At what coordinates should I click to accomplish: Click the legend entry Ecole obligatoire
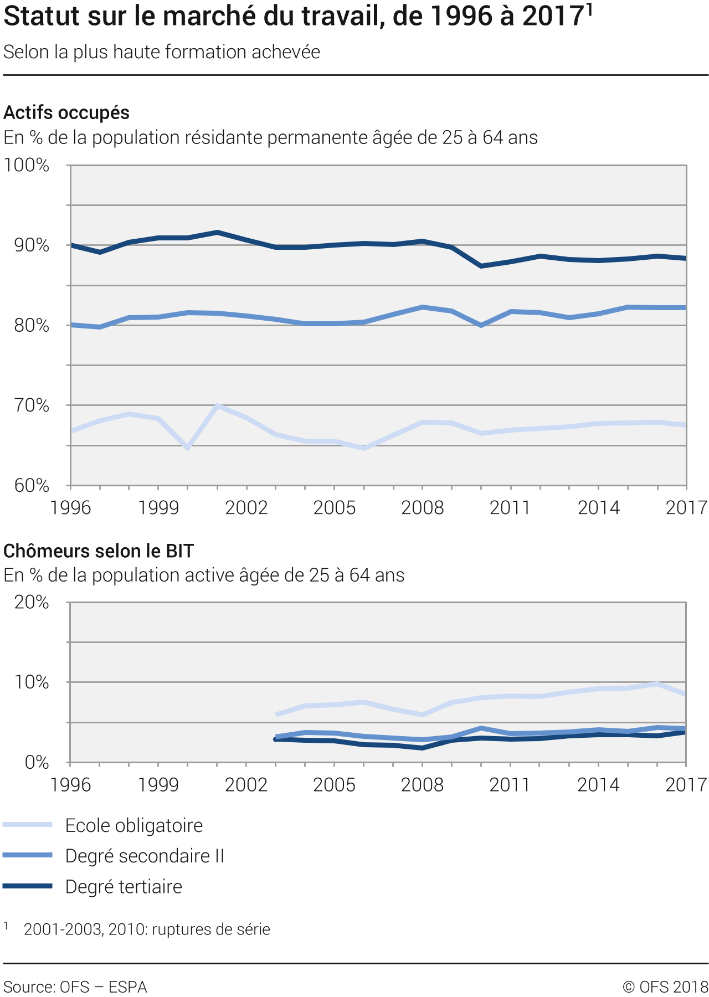click(133, 825)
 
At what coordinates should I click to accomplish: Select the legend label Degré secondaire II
click(145, 856)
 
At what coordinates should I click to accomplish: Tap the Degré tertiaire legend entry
click(124, 886)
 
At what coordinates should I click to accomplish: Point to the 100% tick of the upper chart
click(27, 165)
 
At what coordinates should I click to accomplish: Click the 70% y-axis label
click(32, 405)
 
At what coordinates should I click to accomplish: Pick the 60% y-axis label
click(32, 485)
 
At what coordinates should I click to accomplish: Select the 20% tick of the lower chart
click(32, 602)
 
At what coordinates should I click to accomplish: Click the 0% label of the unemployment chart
click(37, 762)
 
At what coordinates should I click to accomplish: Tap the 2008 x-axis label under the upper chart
click(422, 507)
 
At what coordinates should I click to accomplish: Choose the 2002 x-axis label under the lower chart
click(246, 784)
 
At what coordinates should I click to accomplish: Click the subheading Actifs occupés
click(66, 112)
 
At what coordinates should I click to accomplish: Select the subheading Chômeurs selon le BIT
click(99, 551)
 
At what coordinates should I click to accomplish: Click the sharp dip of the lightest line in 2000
click(188, 447)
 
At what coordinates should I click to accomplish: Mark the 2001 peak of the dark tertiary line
click(217, 233)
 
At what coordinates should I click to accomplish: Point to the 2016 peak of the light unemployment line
click(657, 684)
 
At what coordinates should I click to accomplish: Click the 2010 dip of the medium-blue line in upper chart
click(481, 325)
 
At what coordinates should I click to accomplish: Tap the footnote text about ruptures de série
click(147, 929)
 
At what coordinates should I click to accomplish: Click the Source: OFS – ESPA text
click(75, 986)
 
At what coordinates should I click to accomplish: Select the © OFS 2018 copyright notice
click(665, 986)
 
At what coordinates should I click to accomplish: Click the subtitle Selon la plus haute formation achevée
click(162, 52)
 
